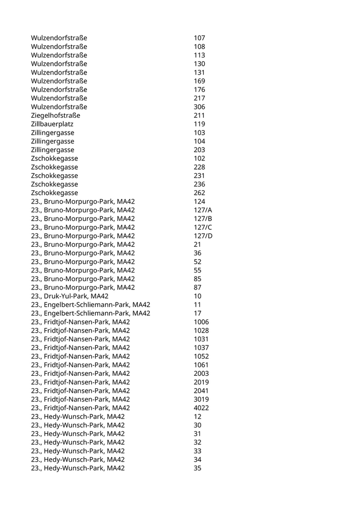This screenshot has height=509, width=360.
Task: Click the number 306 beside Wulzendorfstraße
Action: click(199, 107)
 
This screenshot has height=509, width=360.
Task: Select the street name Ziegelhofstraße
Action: click(56, 116)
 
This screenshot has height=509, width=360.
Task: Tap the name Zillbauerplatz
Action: click(52, 124)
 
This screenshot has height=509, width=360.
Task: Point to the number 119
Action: click(199, 124)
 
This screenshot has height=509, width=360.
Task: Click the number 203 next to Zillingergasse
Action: click(199, 150)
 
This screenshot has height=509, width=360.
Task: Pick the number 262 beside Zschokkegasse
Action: click(199, 193)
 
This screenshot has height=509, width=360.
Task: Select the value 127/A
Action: click(203, 210)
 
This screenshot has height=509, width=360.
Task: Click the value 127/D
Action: click(203, 236)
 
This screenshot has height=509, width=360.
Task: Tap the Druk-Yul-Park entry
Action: click(69, 296)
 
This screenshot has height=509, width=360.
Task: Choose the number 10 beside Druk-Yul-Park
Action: click(197, 296)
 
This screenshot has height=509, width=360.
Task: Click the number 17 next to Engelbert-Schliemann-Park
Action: click(197, 313)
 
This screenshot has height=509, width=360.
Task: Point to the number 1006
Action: click(201, 322)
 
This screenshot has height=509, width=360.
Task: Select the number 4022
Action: click(201, 408)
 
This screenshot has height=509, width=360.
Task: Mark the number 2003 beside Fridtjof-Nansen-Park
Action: click(201, 373)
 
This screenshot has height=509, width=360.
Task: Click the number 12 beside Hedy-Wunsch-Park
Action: click(197, 416)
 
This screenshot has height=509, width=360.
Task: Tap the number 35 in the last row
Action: click(197, 468)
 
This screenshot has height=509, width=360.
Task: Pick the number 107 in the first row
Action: click(199, 38)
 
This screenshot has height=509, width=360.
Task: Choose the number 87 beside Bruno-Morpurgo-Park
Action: click(197, 287)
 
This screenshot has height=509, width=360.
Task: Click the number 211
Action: click(199, 116)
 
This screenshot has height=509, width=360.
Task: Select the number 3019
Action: click(201, 399)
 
